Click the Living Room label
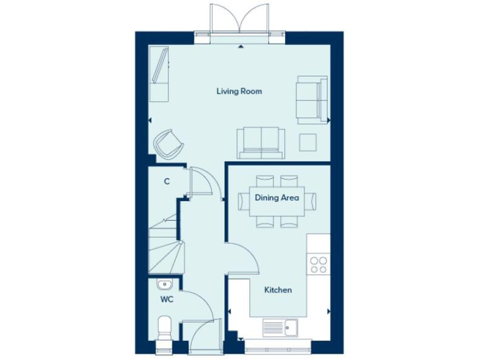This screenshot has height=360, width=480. (239, 91)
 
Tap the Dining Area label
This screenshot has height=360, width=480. (277, 198)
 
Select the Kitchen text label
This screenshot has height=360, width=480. (277, 290)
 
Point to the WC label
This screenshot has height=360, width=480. (166, 300)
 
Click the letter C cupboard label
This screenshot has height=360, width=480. (166, 182)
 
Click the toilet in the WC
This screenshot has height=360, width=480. (164, 328)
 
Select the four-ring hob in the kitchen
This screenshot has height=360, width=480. (319, 265)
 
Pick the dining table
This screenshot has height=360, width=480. (277, 201)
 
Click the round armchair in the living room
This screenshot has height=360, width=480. (169, 144)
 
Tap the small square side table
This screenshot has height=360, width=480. (308, 142)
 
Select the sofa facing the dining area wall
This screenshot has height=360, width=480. (260, 142)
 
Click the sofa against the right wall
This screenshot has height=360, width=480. (312, 98)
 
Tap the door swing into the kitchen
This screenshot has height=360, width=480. (243, 257)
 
